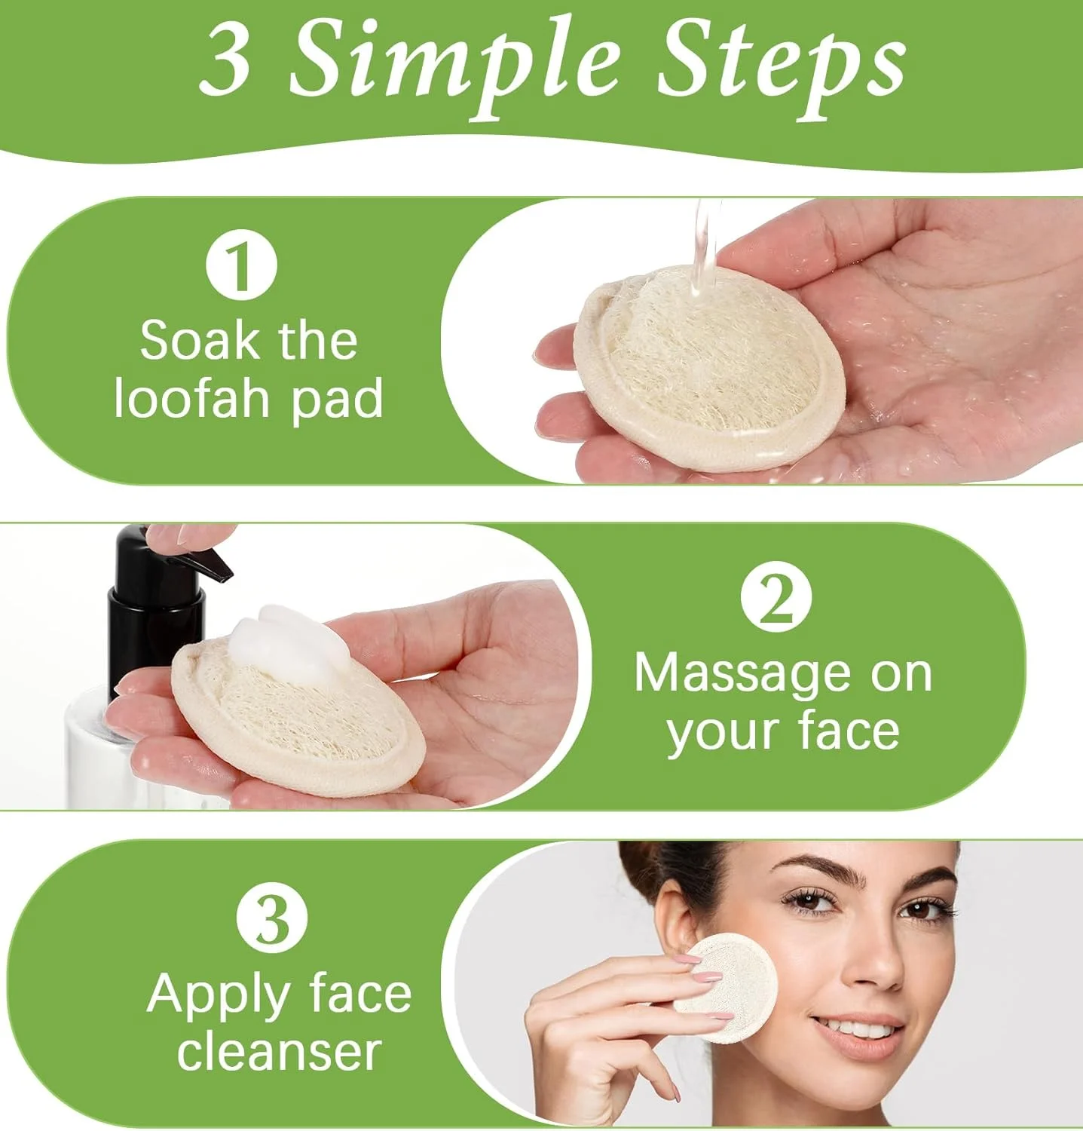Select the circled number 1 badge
tap(242, 265)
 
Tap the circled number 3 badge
tap(272, 918)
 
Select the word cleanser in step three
tap(279, 1053)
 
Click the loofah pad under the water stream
tap(708, 369)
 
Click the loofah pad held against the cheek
tap(728, 986)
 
